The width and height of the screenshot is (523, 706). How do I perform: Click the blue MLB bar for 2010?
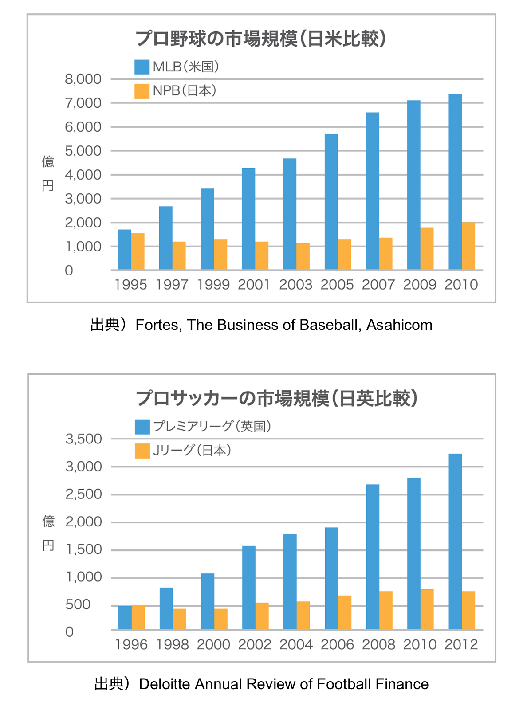click(x=455, y=182)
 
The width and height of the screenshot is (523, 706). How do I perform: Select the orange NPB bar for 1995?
click(x=138, y=251)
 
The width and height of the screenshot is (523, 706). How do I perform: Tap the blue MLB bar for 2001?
click(x=248, y=219)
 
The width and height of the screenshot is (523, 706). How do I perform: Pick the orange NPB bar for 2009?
click(x=427, y=248)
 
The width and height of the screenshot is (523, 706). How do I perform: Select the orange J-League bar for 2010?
click(x=427, y=609)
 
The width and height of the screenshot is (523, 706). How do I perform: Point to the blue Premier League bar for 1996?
click(x=125, y=617)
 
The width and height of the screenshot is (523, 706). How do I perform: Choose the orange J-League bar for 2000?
click(x=220, y=619)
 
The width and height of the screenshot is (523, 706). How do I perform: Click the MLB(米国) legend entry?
click(x=177, y=67)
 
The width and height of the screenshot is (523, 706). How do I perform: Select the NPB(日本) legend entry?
click(x=176, y=91)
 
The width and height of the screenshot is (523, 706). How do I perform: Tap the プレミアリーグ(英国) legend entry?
click(x=203, y=427)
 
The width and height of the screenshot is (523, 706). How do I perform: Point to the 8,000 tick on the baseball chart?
click(x=83, y=79)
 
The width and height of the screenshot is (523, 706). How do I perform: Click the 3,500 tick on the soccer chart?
click(x=83, y=439)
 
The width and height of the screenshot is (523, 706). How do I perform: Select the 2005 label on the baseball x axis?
click(x=337, y=285)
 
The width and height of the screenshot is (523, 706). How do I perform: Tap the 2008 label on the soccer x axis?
click(x=378, y=644)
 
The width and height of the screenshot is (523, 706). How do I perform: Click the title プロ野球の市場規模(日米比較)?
click(x=261, y=39)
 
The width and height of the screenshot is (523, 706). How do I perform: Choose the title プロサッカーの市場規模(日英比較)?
click(x=277, y=398)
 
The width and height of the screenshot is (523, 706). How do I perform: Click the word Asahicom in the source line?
click(x=399, y=325)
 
